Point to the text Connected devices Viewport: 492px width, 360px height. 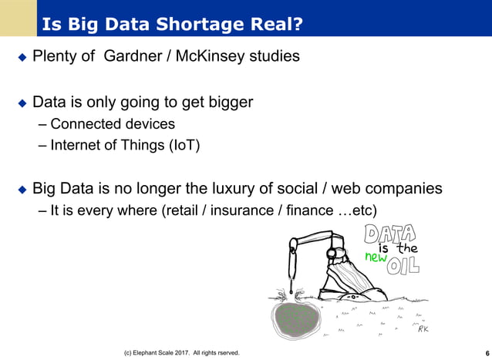click(x=112, y=124)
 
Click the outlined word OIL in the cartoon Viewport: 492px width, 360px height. click(x=403, y=266)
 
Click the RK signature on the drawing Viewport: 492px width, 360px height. click(x=423, y=329)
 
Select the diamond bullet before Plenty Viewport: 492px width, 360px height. click(x=22, y=58)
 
